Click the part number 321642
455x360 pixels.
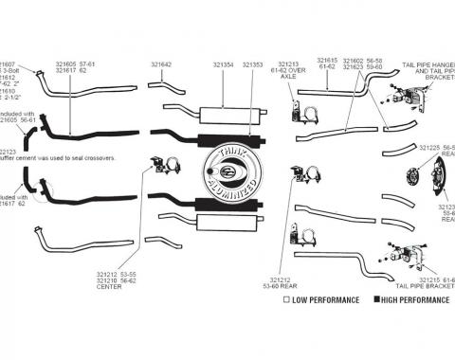coord(161,64)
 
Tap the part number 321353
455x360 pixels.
coord(253,64)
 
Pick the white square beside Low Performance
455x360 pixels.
coord(285,301)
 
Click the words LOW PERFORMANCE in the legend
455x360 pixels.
coord(326,301)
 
